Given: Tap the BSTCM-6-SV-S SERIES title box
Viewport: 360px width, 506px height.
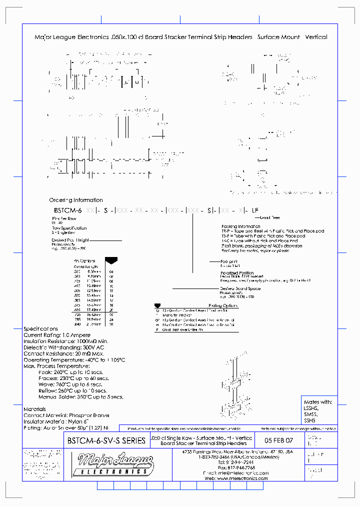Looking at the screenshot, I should (106, 440).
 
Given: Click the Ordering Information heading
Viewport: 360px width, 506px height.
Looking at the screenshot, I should (76, 200).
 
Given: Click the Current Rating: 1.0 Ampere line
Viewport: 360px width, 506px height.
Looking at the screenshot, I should (57, 335).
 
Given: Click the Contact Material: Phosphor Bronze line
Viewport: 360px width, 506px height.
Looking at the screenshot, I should (66, 415).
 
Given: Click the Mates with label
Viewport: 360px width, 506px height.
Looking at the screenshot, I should (317, 402).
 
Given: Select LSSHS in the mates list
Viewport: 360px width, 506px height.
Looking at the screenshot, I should (310, 408).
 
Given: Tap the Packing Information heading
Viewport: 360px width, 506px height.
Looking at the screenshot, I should (240, 226).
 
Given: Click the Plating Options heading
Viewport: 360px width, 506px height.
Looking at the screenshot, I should (222, 305).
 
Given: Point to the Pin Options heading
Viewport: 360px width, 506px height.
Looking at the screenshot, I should (84, 261).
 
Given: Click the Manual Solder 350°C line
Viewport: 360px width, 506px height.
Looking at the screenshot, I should (80, 397).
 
